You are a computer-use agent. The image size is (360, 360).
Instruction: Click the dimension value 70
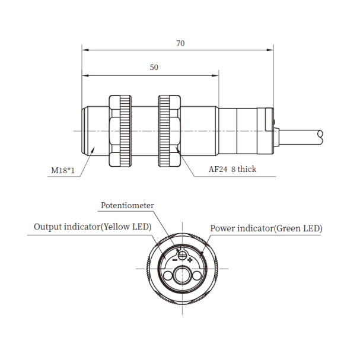[x=180, y=43]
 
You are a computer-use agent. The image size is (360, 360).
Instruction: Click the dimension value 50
[x=154, y=67]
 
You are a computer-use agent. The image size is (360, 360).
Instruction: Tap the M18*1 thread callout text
[x=63, y=170]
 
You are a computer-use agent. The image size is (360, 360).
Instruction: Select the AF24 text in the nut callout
[x=218, y=169]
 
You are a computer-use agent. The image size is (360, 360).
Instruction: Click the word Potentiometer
[x=128, y=205]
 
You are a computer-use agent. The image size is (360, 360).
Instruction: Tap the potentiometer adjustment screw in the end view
[x=182, y=254]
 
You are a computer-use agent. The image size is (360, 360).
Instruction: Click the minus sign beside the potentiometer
[x=175, y=260]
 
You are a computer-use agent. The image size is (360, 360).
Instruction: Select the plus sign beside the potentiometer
[x=190, y=260]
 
